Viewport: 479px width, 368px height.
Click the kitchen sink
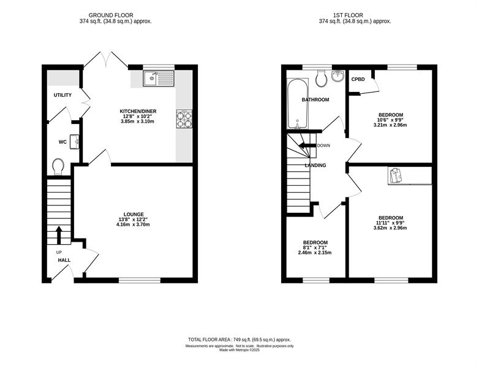click(x=159, y=79)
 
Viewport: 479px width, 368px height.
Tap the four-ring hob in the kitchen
click(x=184, y=119)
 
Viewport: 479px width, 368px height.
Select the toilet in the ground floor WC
click(x=58, y=167)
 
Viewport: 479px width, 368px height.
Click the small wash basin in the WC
click(x=75, y=142)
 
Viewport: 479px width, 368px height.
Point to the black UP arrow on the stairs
click(x=59, y=236)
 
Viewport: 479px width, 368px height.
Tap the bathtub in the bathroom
click(x=298, y=104)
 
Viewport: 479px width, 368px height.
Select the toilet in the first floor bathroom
click(x=321, y=79)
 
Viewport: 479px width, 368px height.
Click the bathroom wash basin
click(x=338, y=76)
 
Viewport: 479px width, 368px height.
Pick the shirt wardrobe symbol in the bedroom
click(x=396, y=176)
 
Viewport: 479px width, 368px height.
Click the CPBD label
click(x=358, y=79)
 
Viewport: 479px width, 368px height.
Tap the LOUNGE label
click(x=134, y=215)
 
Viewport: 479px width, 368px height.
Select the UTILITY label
click(x=62, y=95)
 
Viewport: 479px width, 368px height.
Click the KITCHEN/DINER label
click(x=138, y=112)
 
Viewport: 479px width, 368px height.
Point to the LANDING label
click(x=315, y=165)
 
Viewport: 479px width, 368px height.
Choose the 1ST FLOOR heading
click(x=348, y=15)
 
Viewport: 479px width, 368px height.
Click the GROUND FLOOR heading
click(x=111, y=15)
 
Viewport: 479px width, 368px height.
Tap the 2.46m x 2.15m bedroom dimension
click(x=315, y=253)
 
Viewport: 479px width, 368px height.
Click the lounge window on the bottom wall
click(x=140, y=280)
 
